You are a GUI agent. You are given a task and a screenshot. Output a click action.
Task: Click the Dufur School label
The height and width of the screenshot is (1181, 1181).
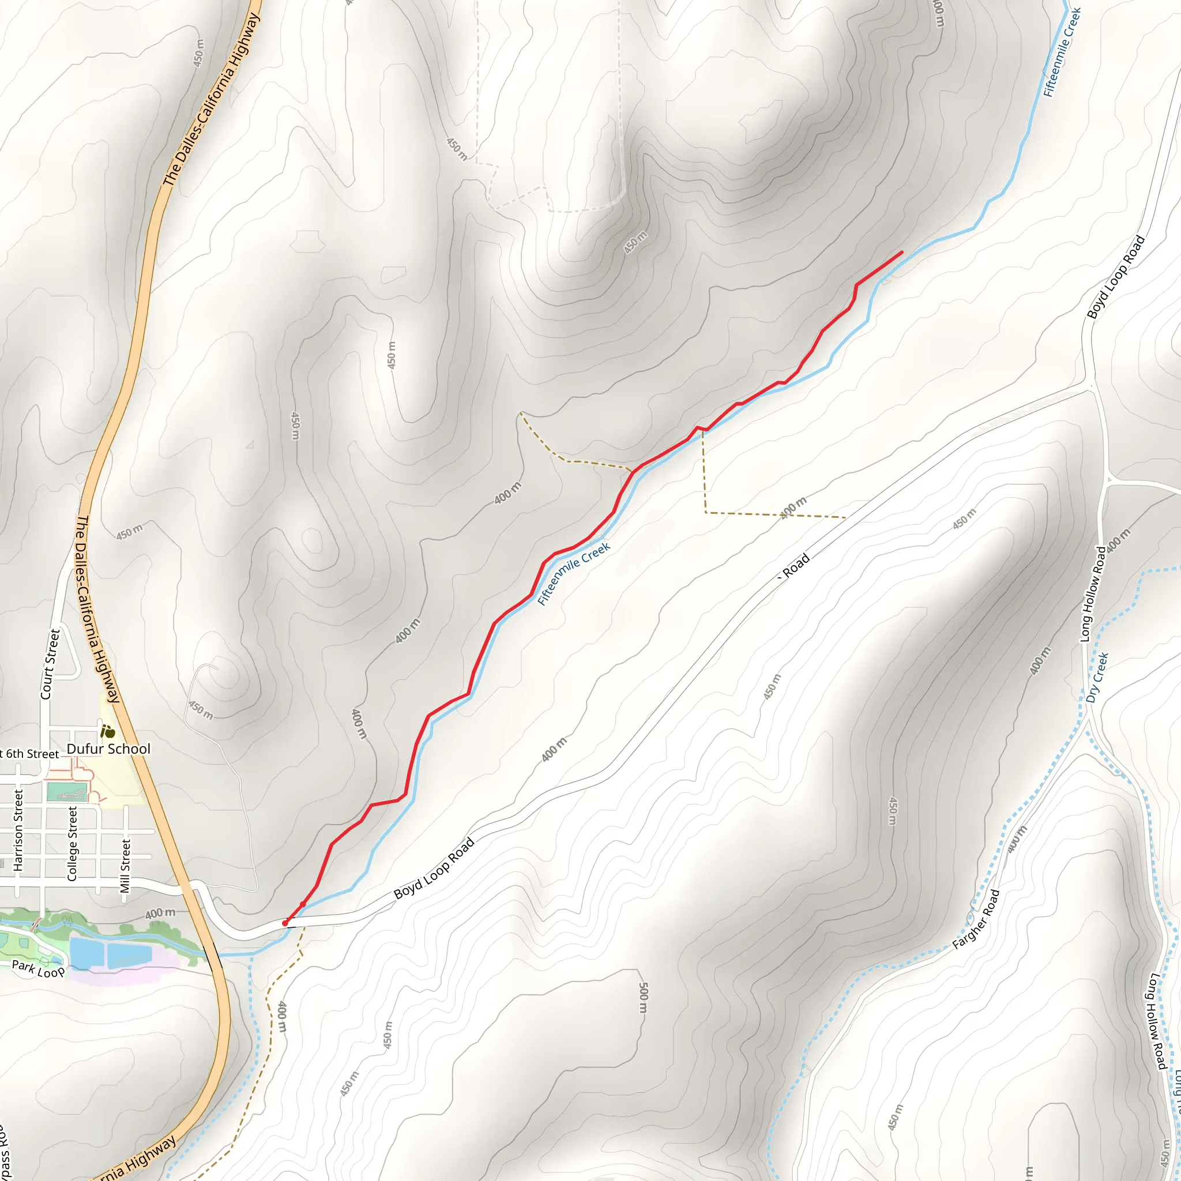108,749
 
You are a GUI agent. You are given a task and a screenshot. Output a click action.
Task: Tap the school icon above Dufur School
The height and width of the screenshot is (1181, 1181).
108,731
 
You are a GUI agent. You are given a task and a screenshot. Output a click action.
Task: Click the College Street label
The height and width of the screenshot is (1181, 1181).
73,844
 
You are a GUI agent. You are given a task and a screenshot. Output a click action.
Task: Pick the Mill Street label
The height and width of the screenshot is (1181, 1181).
125,866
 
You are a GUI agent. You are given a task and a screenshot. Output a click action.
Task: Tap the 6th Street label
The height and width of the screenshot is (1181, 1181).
31,754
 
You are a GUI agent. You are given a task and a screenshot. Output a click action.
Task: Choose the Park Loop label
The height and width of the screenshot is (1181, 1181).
38,969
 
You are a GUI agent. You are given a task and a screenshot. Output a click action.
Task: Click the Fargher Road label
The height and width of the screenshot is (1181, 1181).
976,919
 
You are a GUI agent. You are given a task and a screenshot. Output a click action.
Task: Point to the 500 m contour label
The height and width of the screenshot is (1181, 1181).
643,998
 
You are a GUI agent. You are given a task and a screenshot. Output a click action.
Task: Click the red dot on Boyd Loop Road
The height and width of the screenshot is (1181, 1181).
285,923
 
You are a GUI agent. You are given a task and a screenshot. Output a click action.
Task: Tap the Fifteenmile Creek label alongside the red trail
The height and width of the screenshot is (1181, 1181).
573,574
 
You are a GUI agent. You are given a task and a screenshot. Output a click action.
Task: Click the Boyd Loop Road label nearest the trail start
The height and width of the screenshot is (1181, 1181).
434,868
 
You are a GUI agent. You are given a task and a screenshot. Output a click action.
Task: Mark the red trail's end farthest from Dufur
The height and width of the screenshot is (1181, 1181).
902,252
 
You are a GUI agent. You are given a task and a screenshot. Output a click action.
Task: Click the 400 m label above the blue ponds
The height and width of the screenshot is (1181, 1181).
160,914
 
